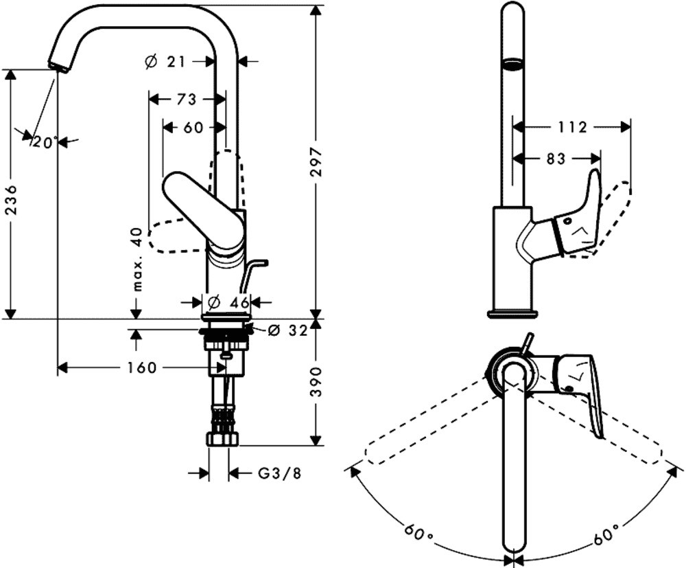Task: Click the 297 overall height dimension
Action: pos(316,163)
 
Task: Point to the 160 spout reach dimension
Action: pos(141,368)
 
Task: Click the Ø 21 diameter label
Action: pos(167,62)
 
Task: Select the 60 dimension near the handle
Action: pos(194,128)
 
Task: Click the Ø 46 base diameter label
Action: pos(228,302)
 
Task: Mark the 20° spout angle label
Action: pos(46,143)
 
